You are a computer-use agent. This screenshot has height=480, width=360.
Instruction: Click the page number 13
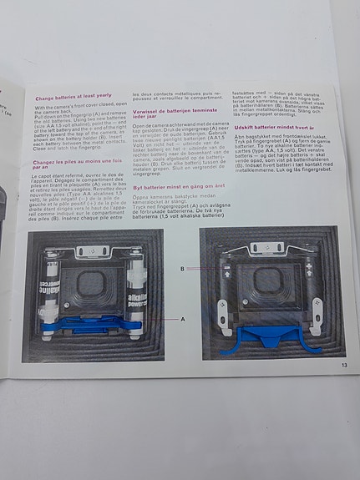pyautogui.click(x=343, y=363)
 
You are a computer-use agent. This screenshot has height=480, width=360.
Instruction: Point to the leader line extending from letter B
pyautogui.click(x=199, y=270)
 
